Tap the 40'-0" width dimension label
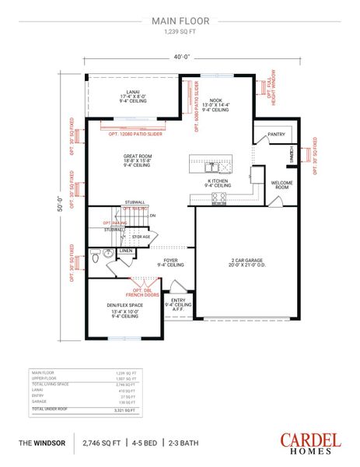pyautogui.click(x=180, y=55)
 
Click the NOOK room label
pyautogui.click(x=215, y=101)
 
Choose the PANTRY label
pyautogui.click(x=276, y=134)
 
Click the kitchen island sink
pyautogui.click(x=210, y=167)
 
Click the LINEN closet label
pyautogui.click(x=125, y=251)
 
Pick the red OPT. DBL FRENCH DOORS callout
pyautogui.click(x=142, y=292)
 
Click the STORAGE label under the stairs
pyautogui.click(x=141, y=236)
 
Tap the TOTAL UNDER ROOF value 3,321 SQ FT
pyautogui.click(x=124, y=409)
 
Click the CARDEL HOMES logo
pyautogui.click(x=309, y=443)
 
